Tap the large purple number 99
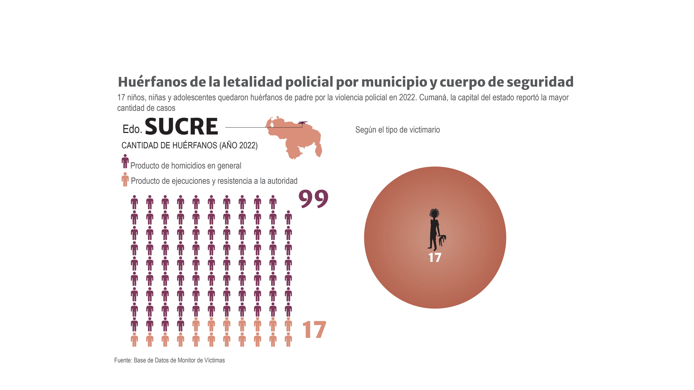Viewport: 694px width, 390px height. (313, 199)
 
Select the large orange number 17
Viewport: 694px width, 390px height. (314, 330)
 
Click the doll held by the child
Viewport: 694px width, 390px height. (442, 240)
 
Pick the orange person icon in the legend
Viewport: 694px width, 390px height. (125, 179)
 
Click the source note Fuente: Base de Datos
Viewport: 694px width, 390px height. (169, 360)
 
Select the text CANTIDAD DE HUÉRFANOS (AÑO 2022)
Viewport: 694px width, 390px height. (189, 145)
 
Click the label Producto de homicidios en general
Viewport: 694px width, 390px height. (186, 166)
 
